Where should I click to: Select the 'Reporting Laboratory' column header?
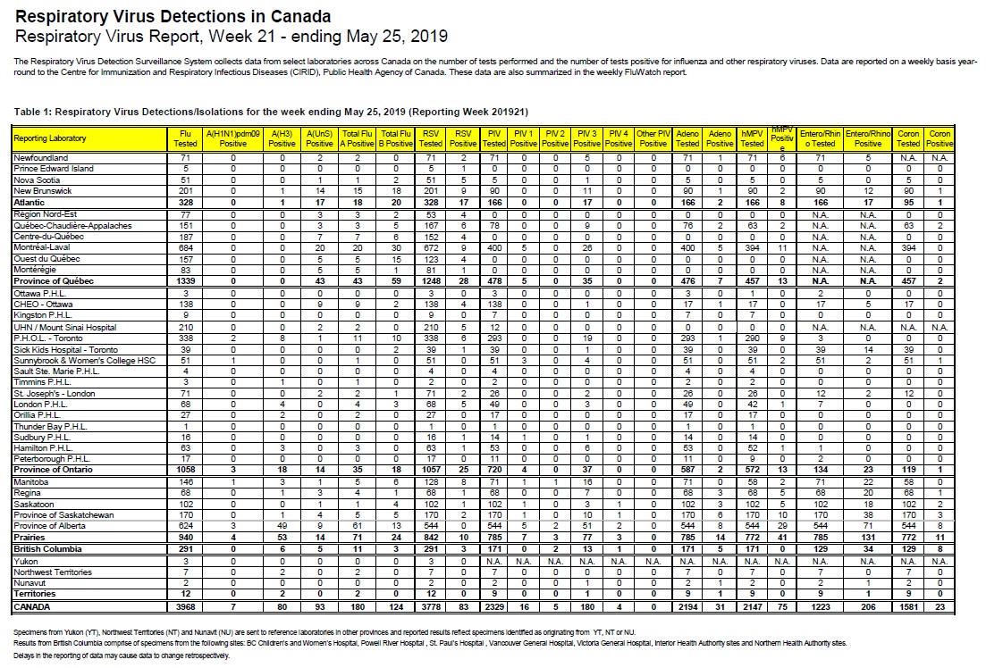(50, 138)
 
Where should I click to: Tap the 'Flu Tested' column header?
(184, 138)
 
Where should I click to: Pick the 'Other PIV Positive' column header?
(653, 138)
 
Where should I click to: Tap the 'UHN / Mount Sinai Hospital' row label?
(65, 328)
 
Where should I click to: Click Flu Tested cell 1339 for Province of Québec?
(184, 280)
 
